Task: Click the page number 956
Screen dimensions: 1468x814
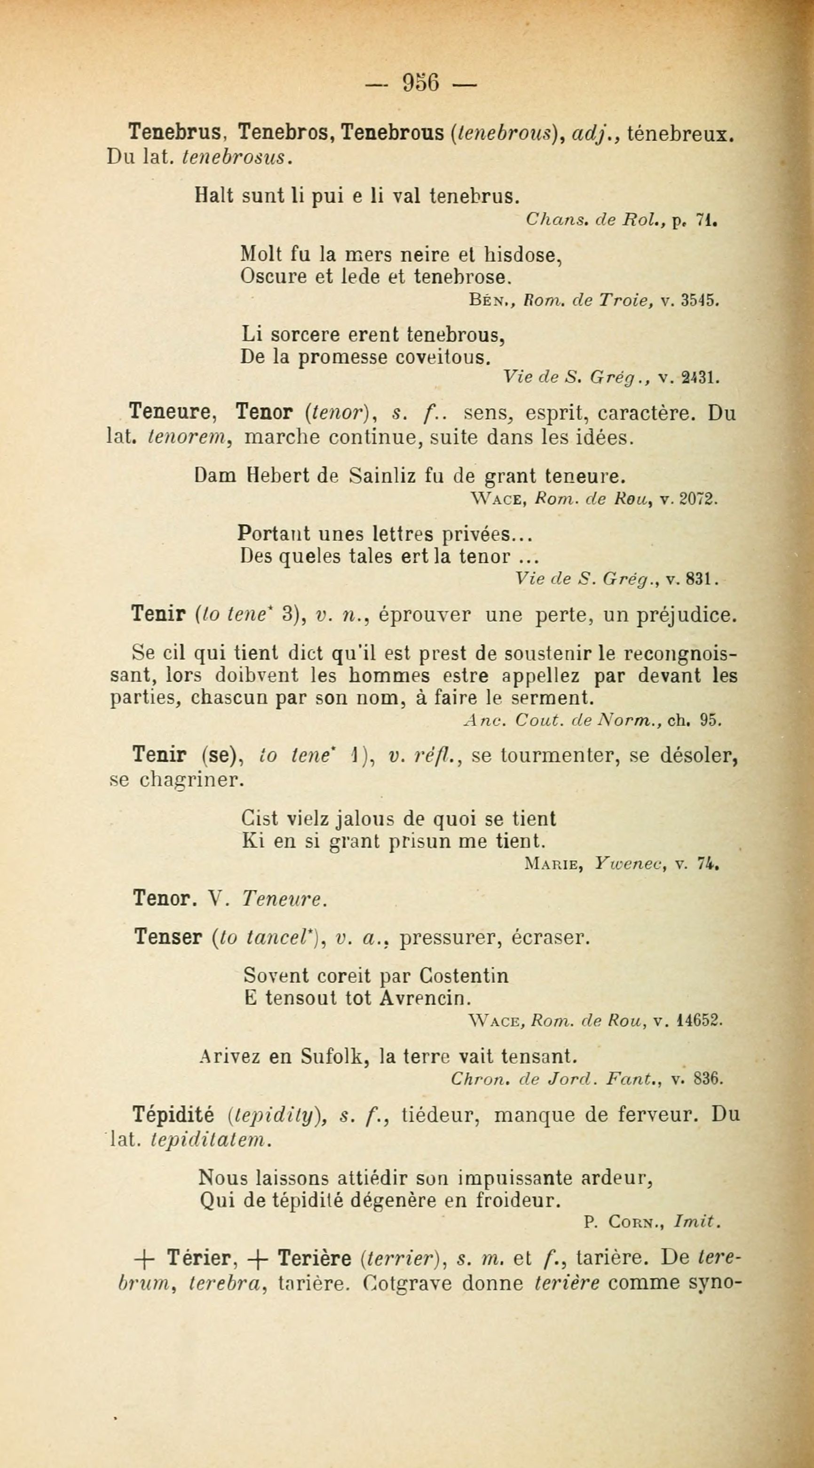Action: tap(421, 83)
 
